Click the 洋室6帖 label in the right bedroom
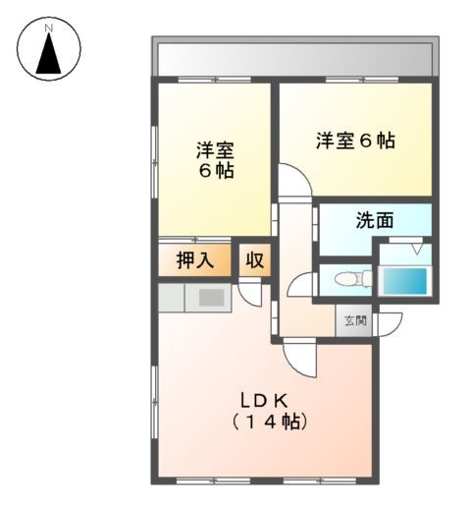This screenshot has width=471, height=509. [x=355, y=141]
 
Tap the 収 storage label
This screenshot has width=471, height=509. [x=254, y=260]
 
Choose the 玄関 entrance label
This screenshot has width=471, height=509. [x=354, y=320]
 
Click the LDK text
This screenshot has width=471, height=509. [x=265, y=400]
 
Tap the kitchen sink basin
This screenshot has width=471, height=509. [x=212, y=297]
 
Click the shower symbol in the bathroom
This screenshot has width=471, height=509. [x=417, y=249]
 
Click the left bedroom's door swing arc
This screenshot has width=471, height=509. [x=290, y=183]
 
